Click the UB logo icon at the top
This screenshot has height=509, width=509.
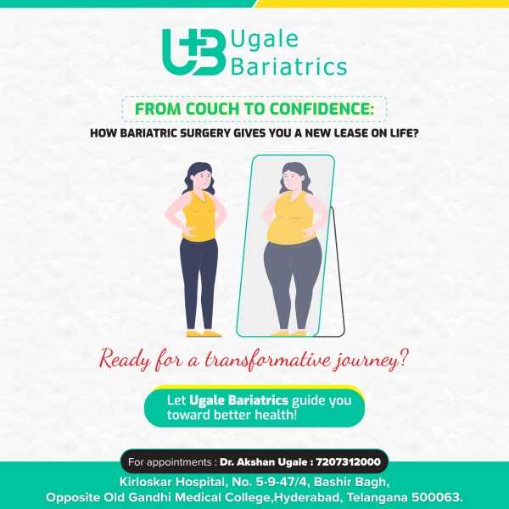coord(194,52)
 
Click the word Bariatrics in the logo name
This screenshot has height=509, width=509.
coord(289,67)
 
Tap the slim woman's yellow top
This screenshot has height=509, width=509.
coord(199,215)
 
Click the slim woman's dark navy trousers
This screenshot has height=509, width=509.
coord(199,283)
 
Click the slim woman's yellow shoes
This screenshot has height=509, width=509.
coord(204,333)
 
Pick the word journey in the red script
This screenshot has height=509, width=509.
coord(371,361)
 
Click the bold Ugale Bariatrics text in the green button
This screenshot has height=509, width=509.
coord(238,400)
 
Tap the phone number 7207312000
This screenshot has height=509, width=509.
coord(349,461)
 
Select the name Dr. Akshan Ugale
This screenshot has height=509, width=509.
coord(265,461)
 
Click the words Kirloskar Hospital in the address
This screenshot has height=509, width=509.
coord(172,482)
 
